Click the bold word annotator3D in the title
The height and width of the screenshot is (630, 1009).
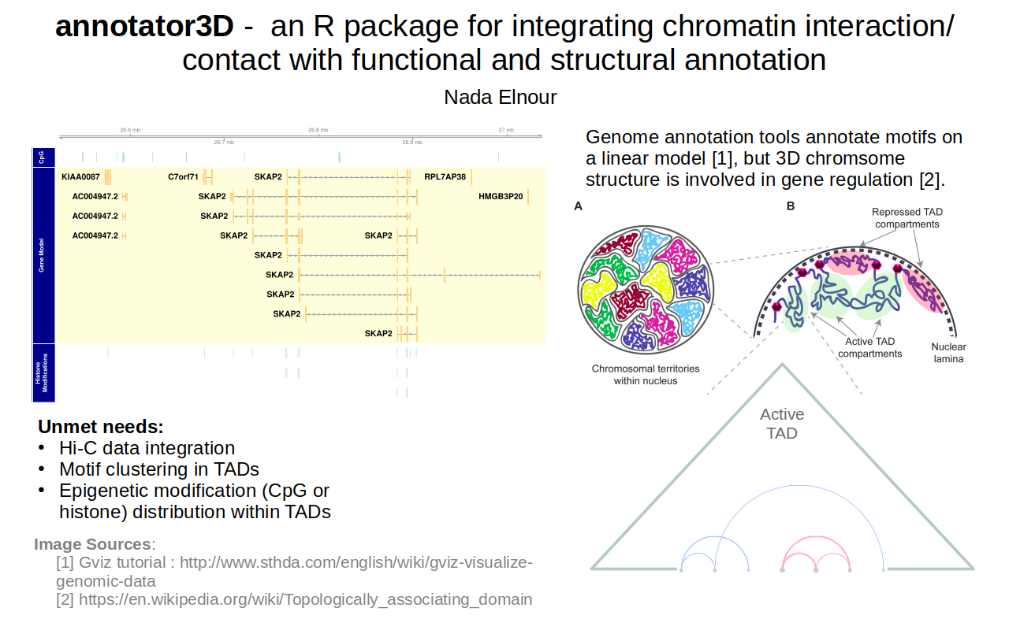click(144, 27)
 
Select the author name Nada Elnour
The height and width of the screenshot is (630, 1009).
click(501, 97)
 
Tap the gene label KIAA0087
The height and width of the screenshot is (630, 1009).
click(80, 176)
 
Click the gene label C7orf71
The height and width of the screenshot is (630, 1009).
click(183, 176)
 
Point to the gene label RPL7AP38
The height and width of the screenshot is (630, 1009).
click(445, 176)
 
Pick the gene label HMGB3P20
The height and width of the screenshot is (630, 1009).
click(501, 196)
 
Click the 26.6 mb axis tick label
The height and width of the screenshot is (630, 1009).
click(130, 130)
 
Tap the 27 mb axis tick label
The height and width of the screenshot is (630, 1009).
click(505, 130)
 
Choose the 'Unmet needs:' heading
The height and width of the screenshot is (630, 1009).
click(101, 427)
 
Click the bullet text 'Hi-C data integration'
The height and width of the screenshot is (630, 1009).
click(147, 448)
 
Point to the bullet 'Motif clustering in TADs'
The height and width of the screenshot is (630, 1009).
click(159, 469)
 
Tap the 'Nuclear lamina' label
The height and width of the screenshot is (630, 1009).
click(948, 353)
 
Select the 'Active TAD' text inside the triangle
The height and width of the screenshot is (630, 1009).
click(782, 424)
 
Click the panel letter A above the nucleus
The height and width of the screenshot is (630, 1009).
click(579, 207)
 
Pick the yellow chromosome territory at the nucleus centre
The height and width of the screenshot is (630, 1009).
click(655, 277)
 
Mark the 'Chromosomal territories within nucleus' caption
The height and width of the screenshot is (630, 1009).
click(645, 374)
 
